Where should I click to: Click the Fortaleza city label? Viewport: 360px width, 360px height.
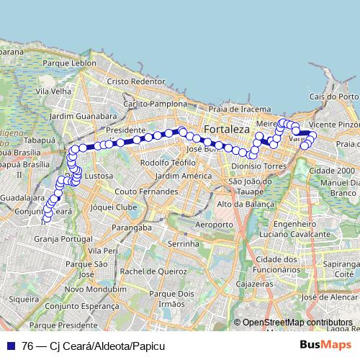point(226,130)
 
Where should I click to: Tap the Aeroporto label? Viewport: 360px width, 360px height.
point(214,225)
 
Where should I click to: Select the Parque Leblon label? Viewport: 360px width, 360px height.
point(70,63)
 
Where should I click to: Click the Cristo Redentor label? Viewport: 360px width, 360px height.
point(136,82)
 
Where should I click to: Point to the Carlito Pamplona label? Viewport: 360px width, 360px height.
point(155,104)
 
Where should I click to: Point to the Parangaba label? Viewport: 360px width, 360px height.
point(132,229)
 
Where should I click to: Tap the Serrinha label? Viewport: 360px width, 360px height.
point(183,245)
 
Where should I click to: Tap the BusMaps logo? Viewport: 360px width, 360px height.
point(327,345)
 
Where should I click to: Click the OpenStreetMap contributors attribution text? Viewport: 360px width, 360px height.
point(297,323)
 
